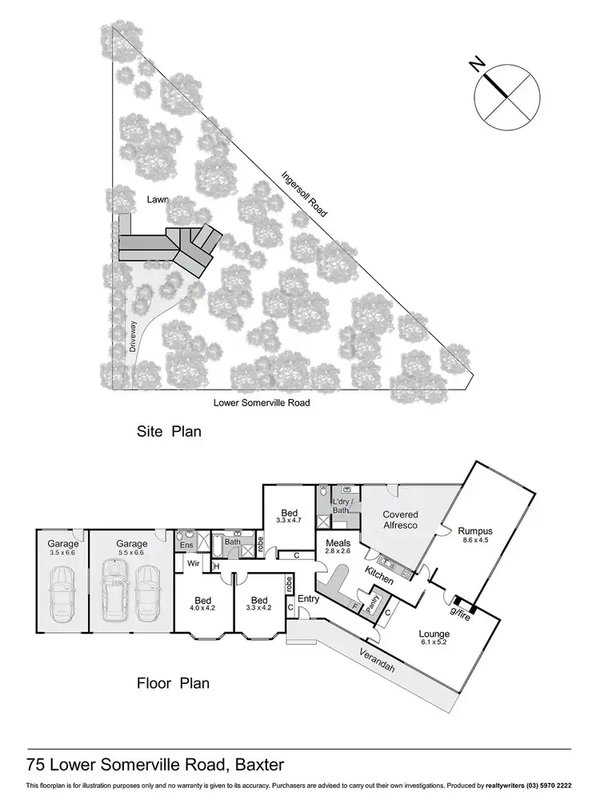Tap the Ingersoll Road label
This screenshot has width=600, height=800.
pyautogui.click(x=304, y=194)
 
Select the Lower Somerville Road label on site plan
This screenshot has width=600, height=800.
pyautogui.click(x=261, y=402)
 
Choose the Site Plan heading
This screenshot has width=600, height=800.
pyautogui.click(x=168, y=432)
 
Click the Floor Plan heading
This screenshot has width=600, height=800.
pyautogui.click(x=172, y=683)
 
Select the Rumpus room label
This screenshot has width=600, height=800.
pyautogui.click(x=476, y=530)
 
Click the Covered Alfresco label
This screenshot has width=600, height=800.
pyautogui.click(x=400, y=520)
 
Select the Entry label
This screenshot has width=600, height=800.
pyautogui.click(x=308, y=599)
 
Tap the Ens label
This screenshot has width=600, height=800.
pyautogui.click(x=186, y=545)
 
